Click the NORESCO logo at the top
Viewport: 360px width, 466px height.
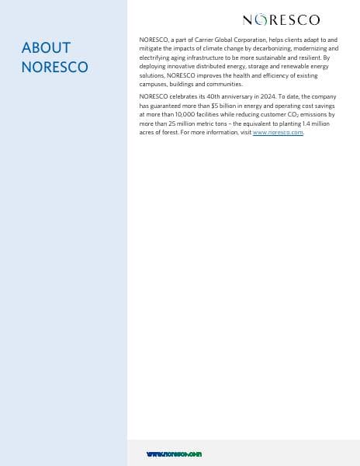[x=281, y=19]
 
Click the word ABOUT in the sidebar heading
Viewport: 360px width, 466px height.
[x=46, y=48]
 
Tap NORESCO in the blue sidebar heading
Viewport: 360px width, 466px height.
[x=54, y=67]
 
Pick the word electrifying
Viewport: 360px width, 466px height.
[x=155, y=57]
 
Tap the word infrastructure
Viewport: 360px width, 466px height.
[x=207, y=57]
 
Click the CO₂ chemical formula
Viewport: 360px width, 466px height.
[x=295, y=114]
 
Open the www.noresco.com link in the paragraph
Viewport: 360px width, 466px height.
[x=278, y=133]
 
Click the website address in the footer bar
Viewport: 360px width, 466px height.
[x=174, y=454]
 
